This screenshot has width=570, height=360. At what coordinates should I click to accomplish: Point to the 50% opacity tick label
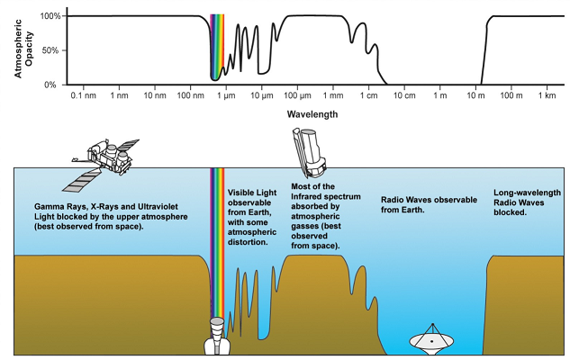point(50,50)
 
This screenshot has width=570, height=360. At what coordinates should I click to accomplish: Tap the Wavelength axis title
point(312,115)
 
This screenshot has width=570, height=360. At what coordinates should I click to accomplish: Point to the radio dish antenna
point(431,338)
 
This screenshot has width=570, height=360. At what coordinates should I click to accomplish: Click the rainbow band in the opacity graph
point(216,45)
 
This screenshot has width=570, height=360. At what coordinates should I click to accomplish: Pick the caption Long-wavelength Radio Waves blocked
point(527,202)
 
